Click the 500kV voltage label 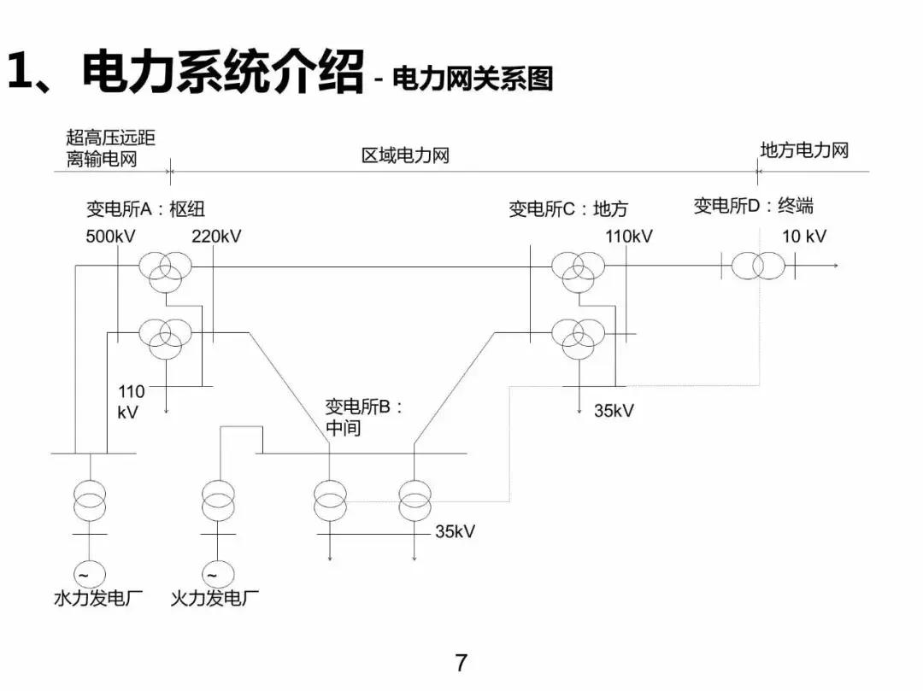coord(111,237)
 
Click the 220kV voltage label coord(216,237)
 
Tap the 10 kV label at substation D coord(804,237)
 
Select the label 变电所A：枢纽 coord(145,208)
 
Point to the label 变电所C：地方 coord(567,208)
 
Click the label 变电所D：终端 coord(753,205)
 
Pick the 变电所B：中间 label coord(362,417)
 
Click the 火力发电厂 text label coord(215,598)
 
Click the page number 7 coord(461,662)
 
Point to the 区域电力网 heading coord(405,155)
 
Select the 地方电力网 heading coord(804,150)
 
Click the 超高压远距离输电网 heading coord(110,148)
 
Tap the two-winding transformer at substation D coord(757,266)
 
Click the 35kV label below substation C coord(614,410)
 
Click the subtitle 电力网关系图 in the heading coord(473,79)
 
